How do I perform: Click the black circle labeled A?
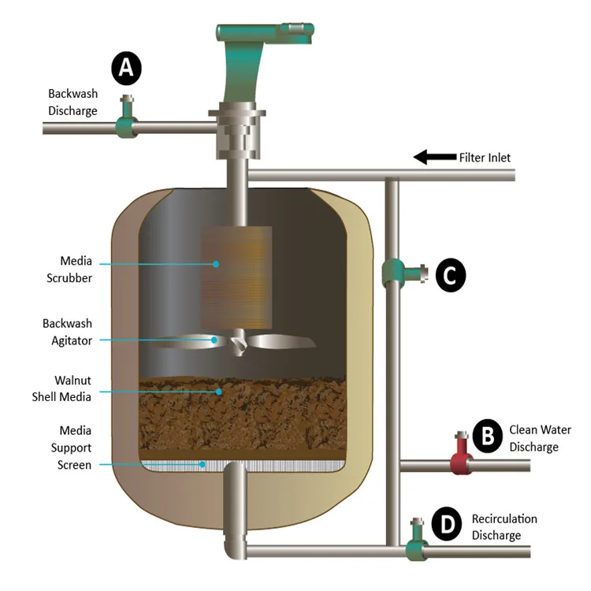[x=126, y=69]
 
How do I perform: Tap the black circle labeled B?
[x=487, y=436]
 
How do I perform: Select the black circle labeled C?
[x=451, y=275]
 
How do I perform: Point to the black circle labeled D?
[x=447, y=524]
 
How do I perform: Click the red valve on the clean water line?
[x=461, y=455]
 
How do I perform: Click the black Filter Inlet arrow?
[x=435, y=157]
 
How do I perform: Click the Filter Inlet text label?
[x=485, y=158]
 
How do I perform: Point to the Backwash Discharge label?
[x=72, y=102]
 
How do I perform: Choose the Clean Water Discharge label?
[x=540, y=438]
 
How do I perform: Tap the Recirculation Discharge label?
[x=504, y=527]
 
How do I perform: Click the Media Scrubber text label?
[x=69, y=269]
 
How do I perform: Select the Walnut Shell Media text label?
[x=61, y=388]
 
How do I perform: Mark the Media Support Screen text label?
[x=72, y=448]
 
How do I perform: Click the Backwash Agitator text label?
[x=68, y=332]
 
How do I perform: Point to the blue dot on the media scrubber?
[x=216, y=264]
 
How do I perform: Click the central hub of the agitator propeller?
[x=238, y=343]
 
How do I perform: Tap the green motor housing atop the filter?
[x=260, y=57]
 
